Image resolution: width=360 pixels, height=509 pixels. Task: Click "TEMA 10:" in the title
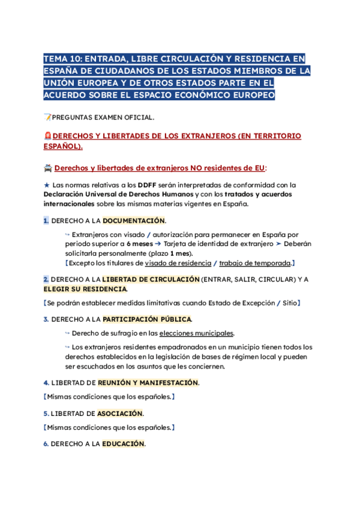(62, 59)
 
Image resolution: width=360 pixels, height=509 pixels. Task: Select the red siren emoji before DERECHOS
(48, 136)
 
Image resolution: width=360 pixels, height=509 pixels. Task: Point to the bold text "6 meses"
(139, 244)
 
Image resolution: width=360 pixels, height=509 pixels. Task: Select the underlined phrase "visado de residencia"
(178, 263)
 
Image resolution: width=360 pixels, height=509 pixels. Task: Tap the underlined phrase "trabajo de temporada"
(254, 263)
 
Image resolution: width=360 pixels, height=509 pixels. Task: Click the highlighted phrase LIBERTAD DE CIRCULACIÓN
(151, 279)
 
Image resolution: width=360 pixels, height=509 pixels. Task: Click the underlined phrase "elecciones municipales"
(196, 333)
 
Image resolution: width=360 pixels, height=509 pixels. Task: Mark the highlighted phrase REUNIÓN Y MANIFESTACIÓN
(148, 382)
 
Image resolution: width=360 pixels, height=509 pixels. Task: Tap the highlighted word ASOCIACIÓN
(120, 414)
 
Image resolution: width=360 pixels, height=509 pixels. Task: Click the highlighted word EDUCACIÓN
(123, 444)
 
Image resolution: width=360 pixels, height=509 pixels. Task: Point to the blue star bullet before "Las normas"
(46, 185)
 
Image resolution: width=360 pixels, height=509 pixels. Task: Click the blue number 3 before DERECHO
(46, 319)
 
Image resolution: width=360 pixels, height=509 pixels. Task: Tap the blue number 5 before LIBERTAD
(46, 414)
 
